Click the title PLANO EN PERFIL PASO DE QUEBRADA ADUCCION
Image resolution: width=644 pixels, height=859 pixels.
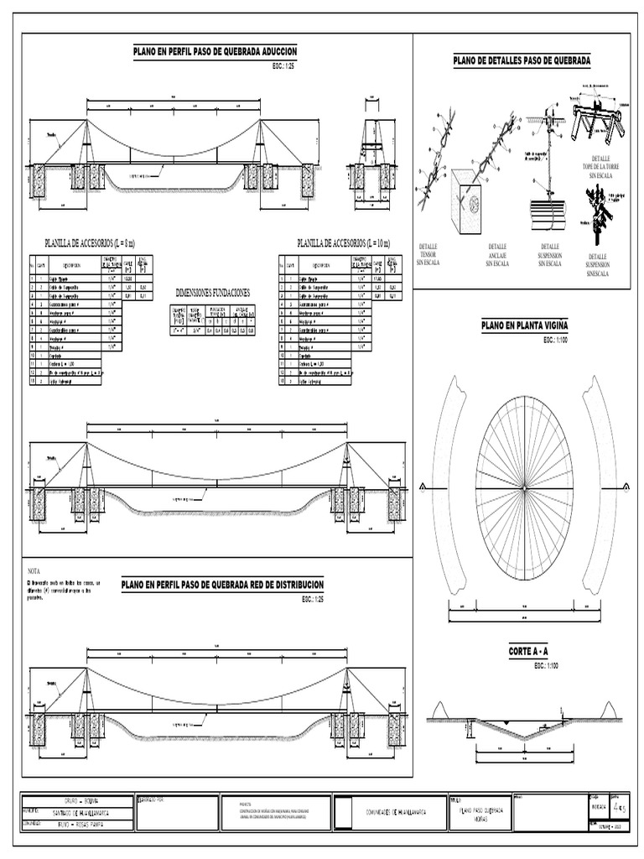pos(215,52)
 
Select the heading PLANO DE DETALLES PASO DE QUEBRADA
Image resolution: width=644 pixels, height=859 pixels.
pos(522,60)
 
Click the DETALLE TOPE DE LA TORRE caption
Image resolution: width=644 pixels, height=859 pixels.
pos(600,167)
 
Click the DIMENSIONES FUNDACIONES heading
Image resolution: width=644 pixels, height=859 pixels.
pos(212,292)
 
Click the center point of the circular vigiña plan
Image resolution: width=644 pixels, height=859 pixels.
pos(523,487)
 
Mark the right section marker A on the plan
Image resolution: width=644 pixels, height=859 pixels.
pos(624,487)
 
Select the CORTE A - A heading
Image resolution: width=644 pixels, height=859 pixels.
pos(528,651)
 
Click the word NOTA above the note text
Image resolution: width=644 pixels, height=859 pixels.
pos(35,570)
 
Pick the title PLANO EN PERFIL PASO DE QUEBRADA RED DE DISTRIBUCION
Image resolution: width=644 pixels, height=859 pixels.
pos(222,585)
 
